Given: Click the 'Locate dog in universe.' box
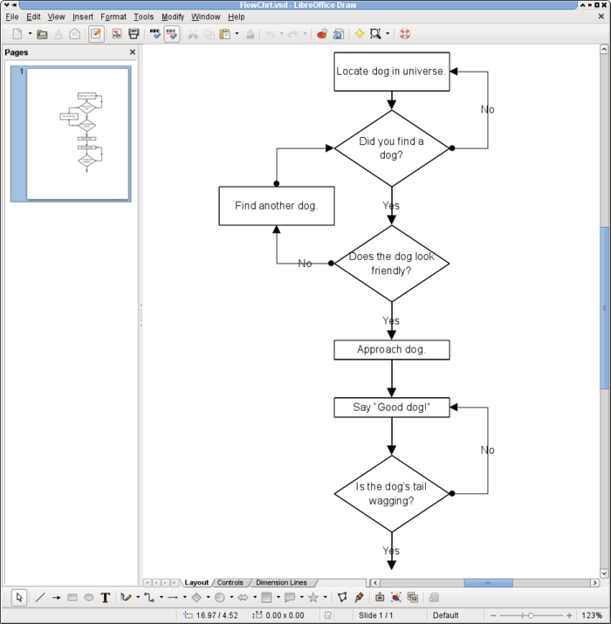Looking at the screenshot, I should (x=391, y=72).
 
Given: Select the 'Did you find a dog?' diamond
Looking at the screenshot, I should (x=391, y=148).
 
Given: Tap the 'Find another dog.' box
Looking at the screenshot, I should (x=276, y=206).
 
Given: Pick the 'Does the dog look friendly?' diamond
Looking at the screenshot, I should (x=391, y=264).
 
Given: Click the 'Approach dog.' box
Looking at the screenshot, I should (x=391, y=350).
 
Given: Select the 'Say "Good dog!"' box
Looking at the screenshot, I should (x=391, y=408).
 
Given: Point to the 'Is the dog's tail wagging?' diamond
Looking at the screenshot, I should (x=391, y=494).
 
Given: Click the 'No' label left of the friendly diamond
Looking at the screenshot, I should (x=305, y=264).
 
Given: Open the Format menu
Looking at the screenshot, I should (x=113, y=17).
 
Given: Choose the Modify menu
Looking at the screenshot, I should (x=173, y=17).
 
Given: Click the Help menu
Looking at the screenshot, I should (x=237, y=17).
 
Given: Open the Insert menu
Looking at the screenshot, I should (x=83, y=17).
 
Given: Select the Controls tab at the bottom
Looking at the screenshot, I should (x=230, y=583).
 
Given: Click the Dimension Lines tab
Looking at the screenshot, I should (x=281, y=583).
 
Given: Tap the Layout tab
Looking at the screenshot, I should (x=196, y=583).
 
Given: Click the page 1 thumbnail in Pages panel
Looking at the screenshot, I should (x=78, y=134).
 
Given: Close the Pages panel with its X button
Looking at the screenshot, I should (x=133, y=52).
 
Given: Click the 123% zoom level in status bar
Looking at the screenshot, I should (x=592, y=615).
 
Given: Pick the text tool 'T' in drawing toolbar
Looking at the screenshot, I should (x=106, y=598).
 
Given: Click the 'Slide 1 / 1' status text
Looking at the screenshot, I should (x=376, y=615).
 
